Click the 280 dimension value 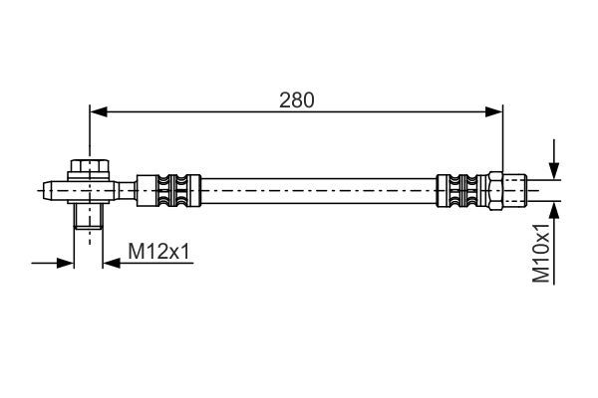point(296,99)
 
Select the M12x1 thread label point(158,254)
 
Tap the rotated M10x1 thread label point(541,254)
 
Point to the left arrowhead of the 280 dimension point(98,112)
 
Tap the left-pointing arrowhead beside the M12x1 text point(107,264)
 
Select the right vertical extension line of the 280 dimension point(500,139)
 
